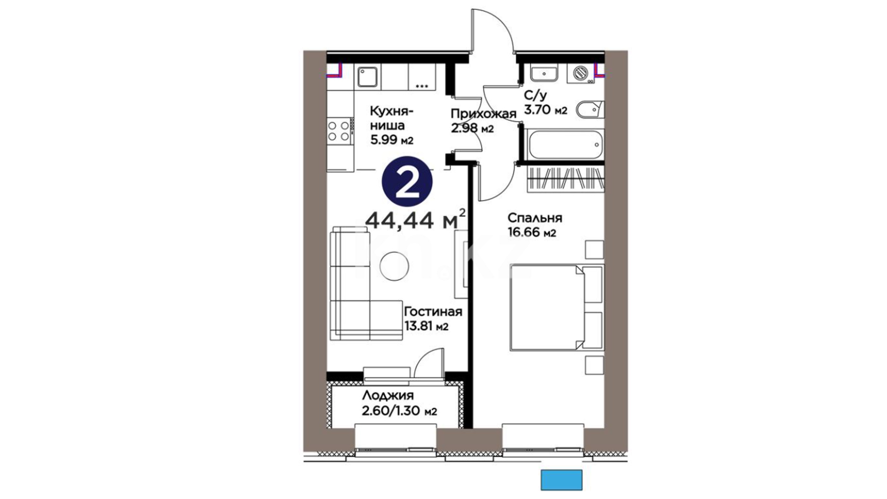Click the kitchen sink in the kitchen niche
coord(368,76)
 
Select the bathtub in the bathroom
coord(565,144)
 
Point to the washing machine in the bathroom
coord(580,73)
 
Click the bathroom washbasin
coord(544,73)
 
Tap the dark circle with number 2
coord(407,183)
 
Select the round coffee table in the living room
coord(394,266)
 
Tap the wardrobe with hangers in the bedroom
coord(565,178)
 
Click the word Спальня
coord(535,218)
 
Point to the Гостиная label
coord(433,311)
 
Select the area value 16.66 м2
coord(532,232)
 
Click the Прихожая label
coord(483,114)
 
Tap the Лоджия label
coord(388,396)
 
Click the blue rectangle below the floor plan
coord(561,480)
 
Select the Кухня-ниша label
coord(392,118)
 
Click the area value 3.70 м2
coord(545,110)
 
